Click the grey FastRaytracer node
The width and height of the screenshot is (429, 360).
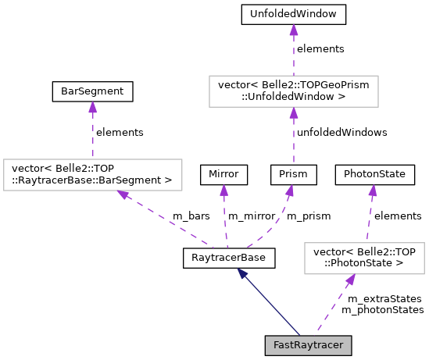pyautogui.click(x=308, y=345)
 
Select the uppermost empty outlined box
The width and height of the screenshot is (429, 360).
pyautogui.click(x=294, y=91)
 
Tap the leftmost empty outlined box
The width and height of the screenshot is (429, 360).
pyautogui.click(x=93, y=175)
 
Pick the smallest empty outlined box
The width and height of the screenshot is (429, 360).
pyautogui.click(x=364, y=258)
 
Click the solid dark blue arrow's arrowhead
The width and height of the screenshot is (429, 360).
pyautogui.click(x=242, y=273)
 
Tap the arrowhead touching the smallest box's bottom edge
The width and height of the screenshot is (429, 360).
pyautogui.click(x=351, y=280)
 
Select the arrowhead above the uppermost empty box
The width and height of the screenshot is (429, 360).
pyautogui.click(x=294, y=30)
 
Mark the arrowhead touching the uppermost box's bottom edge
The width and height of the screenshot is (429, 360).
pyautogui.click(x=294, y=112)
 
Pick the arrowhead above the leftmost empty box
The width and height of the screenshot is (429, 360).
pyautogui.click(x=92, y=107)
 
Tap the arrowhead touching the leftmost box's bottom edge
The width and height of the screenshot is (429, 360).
pyautogui.click(x=123, y=194)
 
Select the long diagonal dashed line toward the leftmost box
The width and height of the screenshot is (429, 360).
pyautogui.click(x=168, y=220)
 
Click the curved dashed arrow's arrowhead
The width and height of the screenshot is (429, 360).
pyautogui.click(x=290, y=190)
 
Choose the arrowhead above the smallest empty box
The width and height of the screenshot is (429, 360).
pyautogui.click(x=373, y=190)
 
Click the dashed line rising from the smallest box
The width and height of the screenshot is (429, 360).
pyautogui.click(x=370, y=219)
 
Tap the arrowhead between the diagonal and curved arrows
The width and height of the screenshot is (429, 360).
pyautogui.click(x=223, y=190)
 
